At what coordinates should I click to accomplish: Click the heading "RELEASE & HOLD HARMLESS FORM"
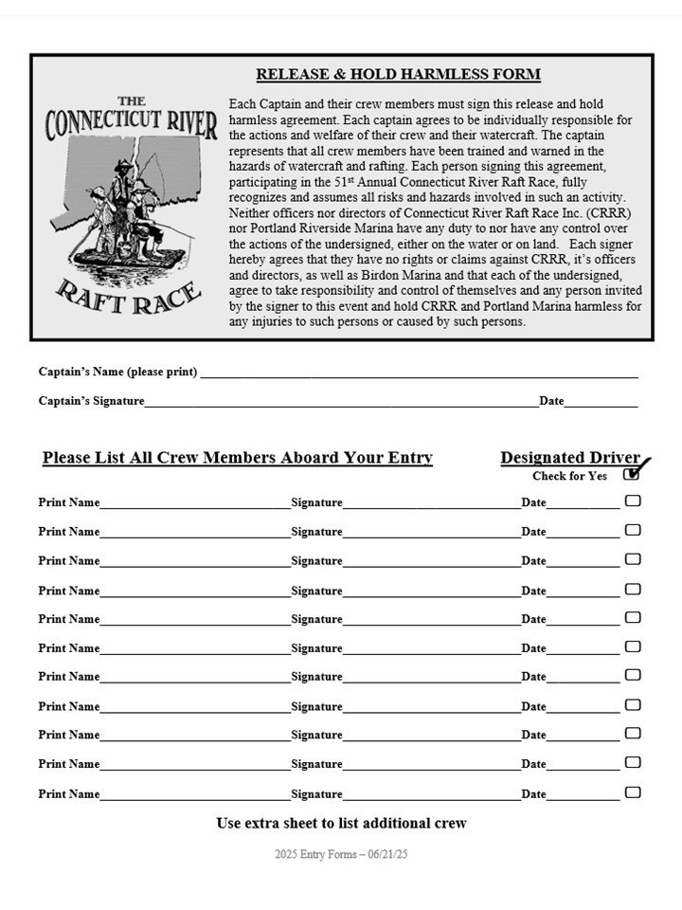(x=398, y=75)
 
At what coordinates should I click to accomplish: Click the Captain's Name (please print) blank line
(x=417, y=374)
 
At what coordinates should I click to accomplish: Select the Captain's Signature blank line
(x=341, y=404)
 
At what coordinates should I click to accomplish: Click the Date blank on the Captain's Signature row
(x=601, y=404)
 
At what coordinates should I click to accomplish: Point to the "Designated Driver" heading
(x=570, y=458)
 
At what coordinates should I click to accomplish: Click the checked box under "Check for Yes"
(x=632, y=475)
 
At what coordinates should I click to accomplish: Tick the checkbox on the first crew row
(x=633, y=500)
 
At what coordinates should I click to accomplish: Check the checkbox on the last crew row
(x=633, y=792)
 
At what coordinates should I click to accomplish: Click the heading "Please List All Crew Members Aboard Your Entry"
(x=237, y=458)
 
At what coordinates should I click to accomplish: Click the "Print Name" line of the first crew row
(x=194, y=505)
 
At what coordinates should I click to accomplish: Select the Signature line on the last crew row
(x=431, y=797)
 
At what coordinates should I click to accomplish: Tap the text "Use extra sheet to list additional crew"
(x=341, y=823)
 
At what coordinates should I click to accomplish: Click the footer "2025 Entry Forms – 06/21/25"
(x=341, y=854)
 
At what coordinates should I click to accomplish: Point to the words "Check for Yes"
(x=569, y=476)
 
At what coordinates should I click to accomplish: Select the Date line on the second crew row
(x=583, y=535)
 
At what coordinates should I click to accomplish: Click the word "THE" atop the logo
(x=132, y=101)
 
